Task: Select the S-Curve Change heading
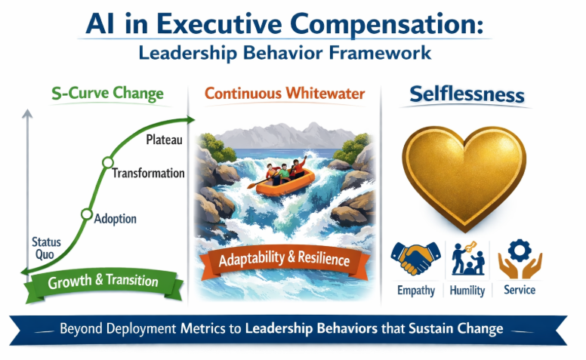[x=108, y=95]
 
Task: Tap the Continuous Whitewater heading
[x=285, y=94]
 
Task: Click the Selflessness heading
[x=466, y=95]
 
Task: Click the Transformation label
[x=148, y=173]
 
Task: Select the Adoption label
[x=116, y=219]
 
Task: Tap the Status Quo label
[x=46, y=248]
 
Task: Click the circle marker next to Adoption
[x=85, y=214]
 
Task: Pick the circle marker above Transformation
[x=107, y=162]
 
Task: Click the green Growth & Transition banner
[x=103, y=282]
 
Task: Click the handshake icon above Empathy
[x=415, y=259]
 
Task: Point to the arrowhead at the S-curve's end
[x=191, y=118]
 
